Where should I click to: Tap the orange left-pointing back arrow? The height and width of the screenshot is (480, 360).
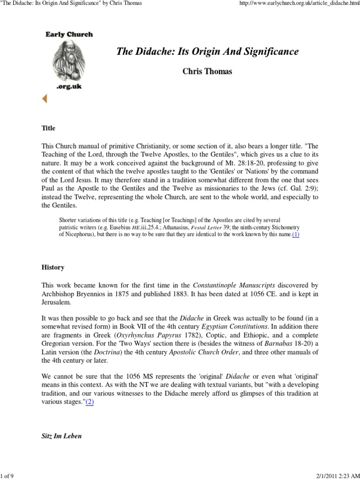45,98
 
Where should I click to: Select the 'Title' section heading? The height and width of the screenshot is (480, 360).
48,114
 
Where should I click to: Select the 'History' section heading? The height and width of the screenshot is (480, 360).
52,267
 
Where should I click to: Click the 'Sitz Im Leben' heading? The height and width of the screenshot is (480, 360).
61,435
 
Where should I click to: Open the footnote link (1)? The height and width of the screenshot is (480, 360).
295,234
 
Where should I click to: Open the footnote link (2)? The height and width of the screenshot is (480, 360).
89,402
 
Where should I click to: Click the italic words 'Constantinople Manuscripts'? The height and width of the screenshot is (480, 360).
220,285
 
